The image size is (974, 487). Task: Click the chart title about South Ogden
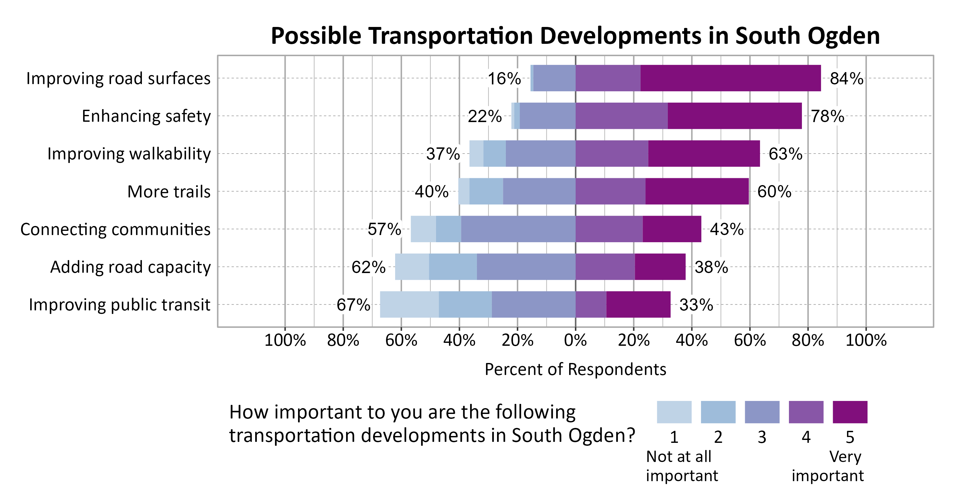point(575,36)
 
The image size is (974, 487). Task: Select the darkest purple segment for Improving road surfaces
point(730,78)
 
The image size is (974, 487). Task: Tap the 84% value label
point(846,79)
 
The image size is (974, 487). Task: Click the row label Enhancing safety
point(146,116)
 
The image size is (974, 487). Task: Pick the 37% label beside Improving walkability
point(443,154)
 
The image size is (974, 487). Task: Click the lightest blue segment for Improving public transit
point(409,305)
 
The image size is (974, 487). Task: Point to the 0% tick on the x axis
point(575,340)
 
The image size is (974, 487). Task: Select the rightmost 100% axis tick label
point(866,340)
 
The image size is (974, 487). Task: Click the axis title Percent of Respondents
point(575,369)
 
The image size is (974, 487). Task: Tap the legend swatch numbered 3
point(762,412)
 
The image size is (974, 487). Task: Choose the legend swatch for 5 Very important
point(850,412)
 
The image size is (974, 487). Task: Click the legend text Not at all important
point(681,466)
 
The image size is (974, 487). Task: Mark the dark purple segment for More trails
point(696,191)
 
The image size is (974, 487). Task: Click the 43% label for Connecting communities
point(726,230)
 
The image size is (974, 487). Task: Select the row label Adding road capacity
point(130,267)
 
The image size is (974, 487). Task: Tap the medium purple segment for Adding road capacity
point(605,267)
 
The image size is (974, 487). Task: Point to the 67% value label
point(353,305)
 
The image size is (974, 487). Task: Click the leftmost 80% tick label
point(343,340)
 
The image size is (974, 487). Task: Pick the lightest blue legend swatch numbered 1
point(674,412)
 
